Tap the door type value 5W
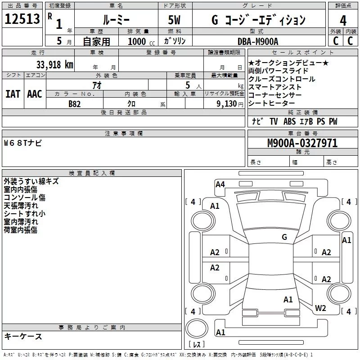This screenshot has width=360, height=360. click(175, 20)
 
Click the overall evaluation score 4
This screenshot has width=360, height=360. click(343, 20)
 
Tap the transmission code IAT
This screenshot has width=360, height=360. click(13, 94)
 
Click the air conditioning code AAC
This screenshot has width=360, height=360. click(34, 94)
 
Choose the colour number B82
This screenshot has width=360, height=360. click(75, 103)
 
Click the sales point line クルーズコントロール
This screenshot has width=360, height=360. click(282, 79)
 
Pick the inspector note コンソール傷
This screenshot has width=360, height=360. click(25, 198)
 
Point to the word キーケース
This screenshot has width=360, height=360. click(23, 337)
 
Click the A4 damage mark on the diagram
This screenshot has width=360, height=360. click(220, 184)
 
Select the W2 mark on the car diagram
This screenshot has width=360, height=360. click(320, 308)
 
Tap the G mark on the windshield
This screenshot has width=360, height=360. click(284, 237)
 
